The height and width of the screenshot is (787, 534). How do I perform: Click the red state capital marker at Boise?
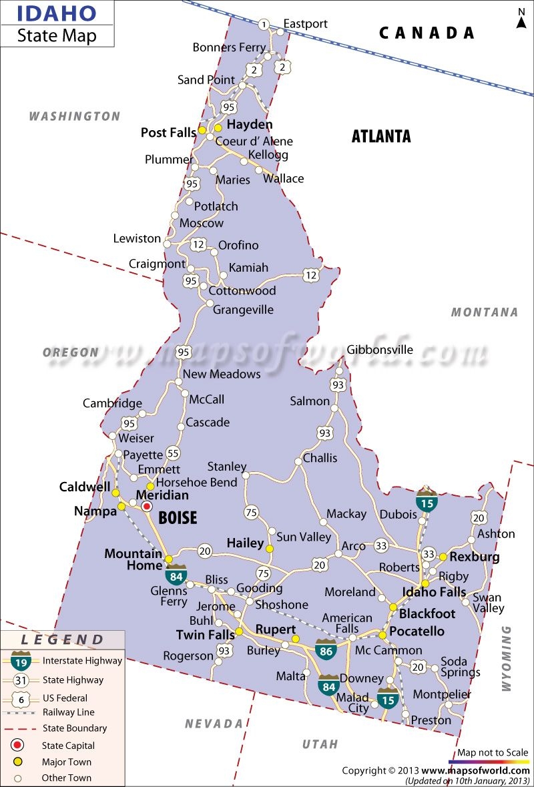[x=147, y=507]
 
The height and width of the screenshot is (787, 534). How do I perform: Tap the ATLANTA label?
[x=381, y=136]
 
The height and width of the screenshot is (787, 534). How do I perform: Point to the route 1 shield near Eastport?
[x=264, y=25]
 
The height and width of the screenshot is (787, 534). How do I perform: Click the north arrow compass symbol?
[x=521, y=18]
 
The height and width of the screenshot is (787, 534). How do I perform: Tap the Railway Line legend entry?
[x=68, y=712]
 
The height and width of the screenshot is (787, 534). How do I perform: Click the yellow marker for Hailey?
[x=270, y=549]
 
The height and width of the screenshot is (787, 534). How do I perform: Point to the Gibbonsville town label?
[x=380, y=349]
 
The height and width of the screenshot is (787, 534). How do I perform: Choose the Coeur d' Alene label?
[x=254, y=141]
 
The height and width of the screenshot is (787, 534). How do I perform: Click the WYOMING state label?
[x=505, y=658]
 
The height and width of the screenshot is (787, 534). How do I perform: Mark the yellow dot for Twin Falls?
[x=239, y=631]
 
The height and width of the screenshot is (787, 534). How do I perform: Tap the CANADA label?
[x=427, y=33]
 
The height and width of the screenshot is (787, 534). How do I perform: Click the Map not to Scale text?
[x=493, y=752]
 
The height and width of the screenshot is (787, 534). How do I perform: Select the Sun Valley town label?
[x=304, y=537]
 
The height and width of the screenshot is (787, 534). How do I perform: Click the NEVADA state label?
[x=214, y=724]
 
